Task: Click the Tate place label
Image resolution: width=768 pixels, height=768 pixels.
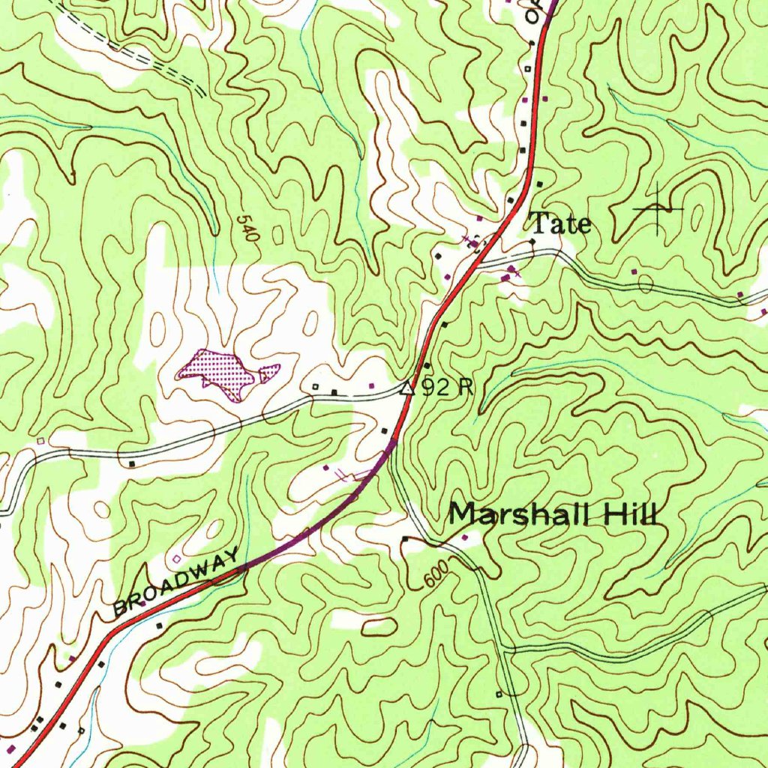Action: tap(561, 223)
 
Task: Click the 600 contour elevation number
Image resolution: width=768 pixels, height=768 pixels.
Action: tap(436, 576)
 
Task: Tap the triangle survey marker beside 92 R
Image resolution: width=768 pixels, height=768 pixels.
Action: tap(407, 388)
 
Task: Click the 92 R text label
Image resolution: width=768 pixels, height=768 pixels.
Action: tap(447, 387)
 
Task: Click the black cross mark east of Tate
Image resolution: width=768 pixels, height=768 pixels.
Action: tap(658, 208)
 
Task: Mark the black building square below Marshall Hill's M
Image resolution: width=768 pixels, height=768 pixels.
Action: tap(405, 538)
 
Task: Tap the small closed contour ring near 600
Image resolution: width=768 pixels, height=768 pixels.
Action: tap(378, 625)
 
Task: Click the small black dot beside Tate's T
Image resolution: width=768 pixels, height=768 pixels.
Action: tap(532, 241)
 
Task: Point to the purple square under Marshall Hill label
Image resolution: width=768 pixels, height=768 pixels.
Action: tap(464, 537)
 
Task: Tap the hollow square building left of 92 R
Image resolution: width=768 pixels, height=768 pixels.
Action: tap(316, 387)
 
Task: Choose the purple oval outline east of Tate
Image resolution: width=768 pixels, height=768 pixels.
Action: tap(645, 283)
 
